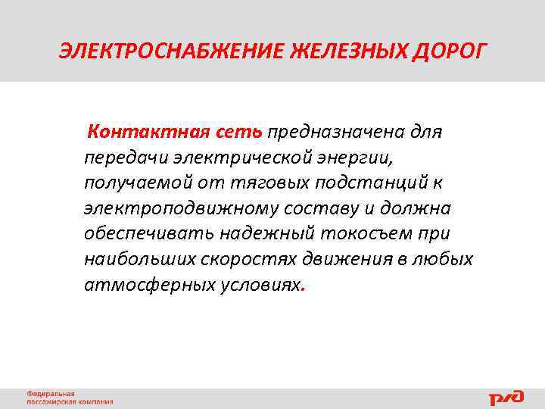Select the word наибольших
click(x=140, y=259)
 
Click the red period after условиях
click(x=303, y=289)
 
